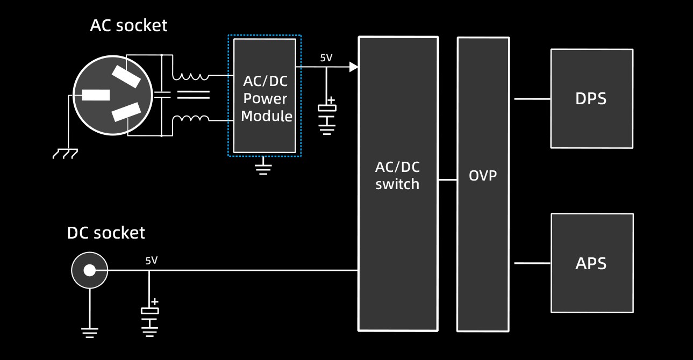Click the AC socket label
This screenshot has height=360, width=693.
coord(128,25)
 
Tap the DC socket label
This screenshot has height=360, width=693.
coord(106,233)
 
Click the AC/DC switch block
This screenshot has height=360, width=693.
coord(398,183)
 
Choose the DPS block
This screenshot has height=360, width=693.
coord(591,98)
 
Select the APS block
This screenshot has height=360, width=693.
coord(591,263)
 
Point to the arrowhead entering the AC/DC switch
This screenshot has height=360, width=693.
coord(353,67)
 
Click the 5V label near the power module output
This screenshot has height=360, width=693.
coord(326,57)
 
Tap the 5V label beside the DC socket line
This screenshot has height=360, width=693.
coord(151,261)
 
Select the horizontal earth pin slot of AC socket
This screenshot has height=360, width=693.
coord(96,95)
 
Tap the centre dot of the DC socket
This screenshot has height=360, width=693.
coord(90,270)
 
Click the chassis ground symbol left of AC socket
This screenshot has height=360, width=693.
coord(65,154)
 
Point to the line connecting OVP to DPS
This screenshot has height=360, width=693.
coord(532,99)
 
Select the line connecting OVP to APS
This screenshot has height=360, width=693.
coord(532,263)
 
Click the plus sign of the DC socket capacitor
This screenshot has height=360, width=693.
coord(154,301)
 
